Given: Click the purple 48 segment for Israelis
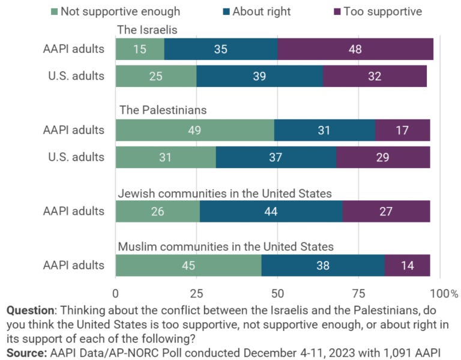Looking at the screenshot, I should [355, 49].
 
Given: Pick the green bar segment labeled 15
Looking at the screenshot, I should [140, 49].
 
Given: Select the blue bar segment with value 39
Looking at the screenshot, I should [259, 76].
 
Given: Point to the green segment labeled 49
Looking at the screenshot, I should [194, 130].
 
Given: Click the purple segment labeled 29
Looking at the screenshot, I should [383, 157].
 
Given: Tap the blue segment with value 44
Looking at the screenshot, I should [271, 211].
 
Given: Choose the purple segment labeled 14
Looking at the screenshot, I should [407, 265].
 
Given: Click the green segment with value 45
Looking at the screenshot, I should [188, 265].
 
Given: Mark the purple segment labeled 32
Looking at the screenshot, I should [375, 76].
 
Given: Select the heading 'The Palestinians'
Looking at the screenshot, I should [163, 110].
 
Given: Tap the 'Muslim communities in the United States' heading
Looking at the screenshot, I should [226, 247].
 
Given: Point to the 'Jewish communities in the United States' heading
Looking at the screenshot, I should [224, 193].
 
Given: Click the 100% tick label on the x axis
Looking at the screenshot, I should [444, 293].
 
